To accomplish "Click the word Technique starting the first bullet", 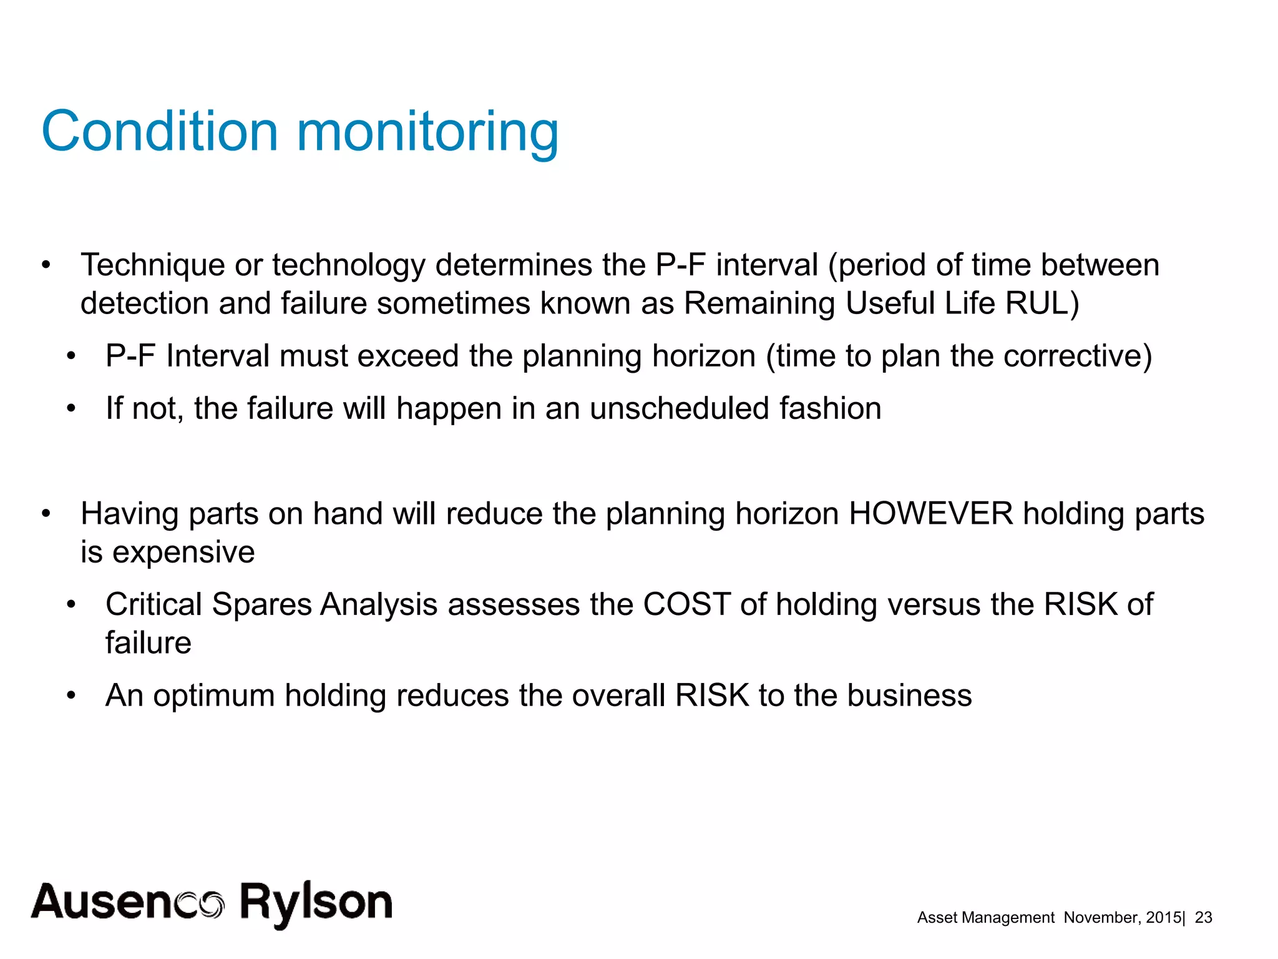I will click(x=152, y=265).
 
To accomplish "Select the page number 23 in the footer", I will click(x=1203, y=917).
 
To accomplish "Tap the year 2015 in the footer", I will click(x=1164, y=917).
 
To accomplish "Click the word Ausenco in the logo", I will click(x=128, y=902).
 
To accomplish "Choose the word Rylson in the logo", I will click(x=316, y=902).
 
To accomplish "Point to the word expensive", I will click(x=183, y=553).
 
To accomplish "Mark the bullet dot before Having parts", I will click(x=46, y=514).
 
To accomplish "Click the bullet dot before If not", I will click(x=71, y=409).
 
